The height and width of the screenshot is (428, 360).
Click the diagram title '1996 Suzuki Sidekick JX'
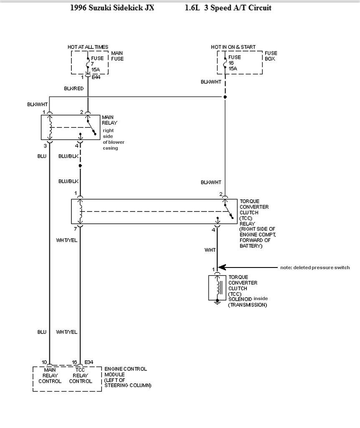[x=112, y=8]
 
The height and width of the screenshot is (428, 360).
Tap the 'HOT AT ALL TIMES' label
[x=88, y=47]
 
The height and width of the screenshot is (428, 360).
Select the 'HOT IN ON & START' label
[x=233, y=47]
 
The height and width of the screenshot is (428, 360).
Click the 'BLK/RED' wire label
[x=74, y=89]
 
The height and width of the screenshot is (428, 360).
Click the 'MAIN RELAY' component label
[x=109, y=120]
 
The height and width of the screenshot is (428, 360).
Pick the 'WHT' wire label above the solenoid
[x=210, y=250]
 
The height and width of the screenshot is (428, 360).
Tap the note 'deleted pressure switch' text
[x=315, y=267]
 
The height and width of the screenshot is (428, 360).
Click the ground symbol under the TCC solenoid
[x=217, y=302]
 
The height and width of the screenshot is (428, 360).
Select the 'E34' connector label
[x=89, y=362]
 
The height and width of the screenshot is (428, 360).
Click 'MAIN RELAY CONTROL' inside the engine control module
[x=50, y=375]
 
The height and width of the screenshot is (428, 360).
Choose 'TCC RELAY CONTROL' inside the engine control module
[x=81, y=375]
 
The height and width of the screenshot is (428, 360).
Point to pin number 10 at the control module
[x=44, y=362]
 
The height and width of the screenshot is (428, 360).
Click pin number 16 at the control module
[x=74, y=362]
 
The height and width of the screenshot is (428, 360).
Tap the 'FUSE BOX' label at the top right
[x=271, y=56]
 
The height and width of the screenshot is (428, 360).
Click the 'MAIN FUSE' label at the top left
[x=117, y=56]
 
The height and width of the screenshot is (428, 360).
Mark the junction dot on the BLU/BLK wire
[x=80, y=166]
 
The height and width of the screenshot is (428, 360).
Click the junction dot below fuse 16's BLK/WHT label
[x=225, y=97]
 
